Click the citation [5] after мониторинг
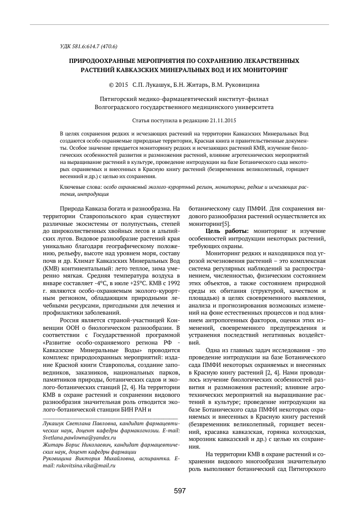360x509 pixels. [x=226, y=223]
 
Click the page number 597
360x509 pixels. [x=180, y=491]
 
